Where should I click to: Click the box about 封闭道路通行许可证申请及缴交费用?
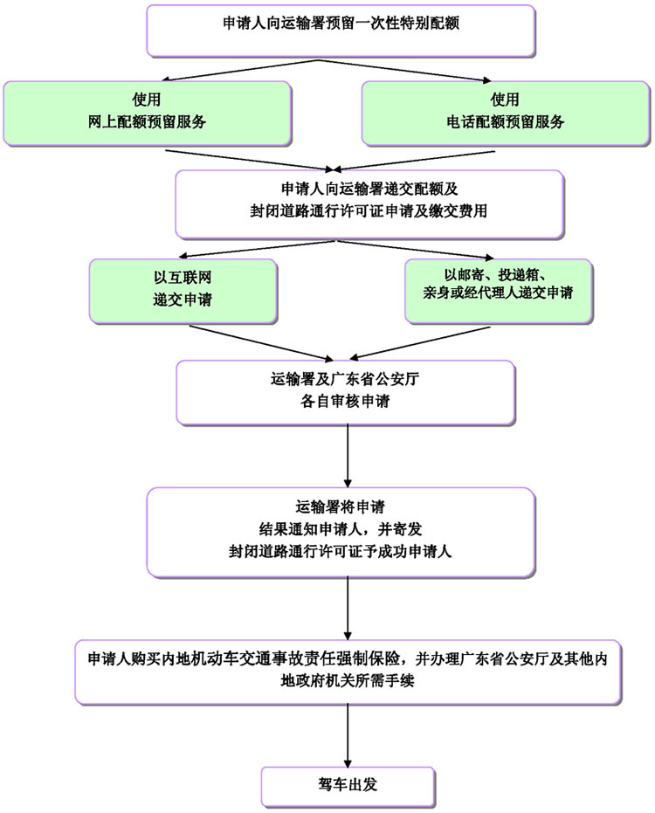[370, 203]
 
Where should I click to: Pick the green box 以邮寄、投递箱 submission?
[497, 288]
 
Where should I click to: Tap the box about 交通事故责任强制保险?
[348, 671]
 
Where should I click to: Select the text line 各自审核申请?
[348, 403]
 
